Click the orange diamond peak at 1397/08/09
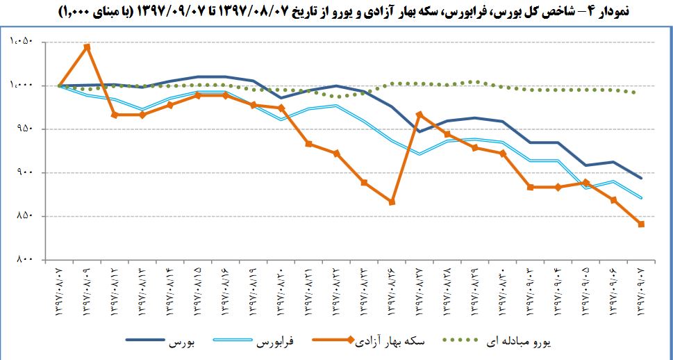click(87, 47)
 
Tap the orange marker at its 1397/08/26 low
click(392, 202)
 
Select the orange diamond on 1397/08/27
click(419, 115)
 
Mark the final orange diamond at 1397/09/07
click(641, 224)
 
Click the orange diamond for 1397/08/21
click(309, 144)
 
